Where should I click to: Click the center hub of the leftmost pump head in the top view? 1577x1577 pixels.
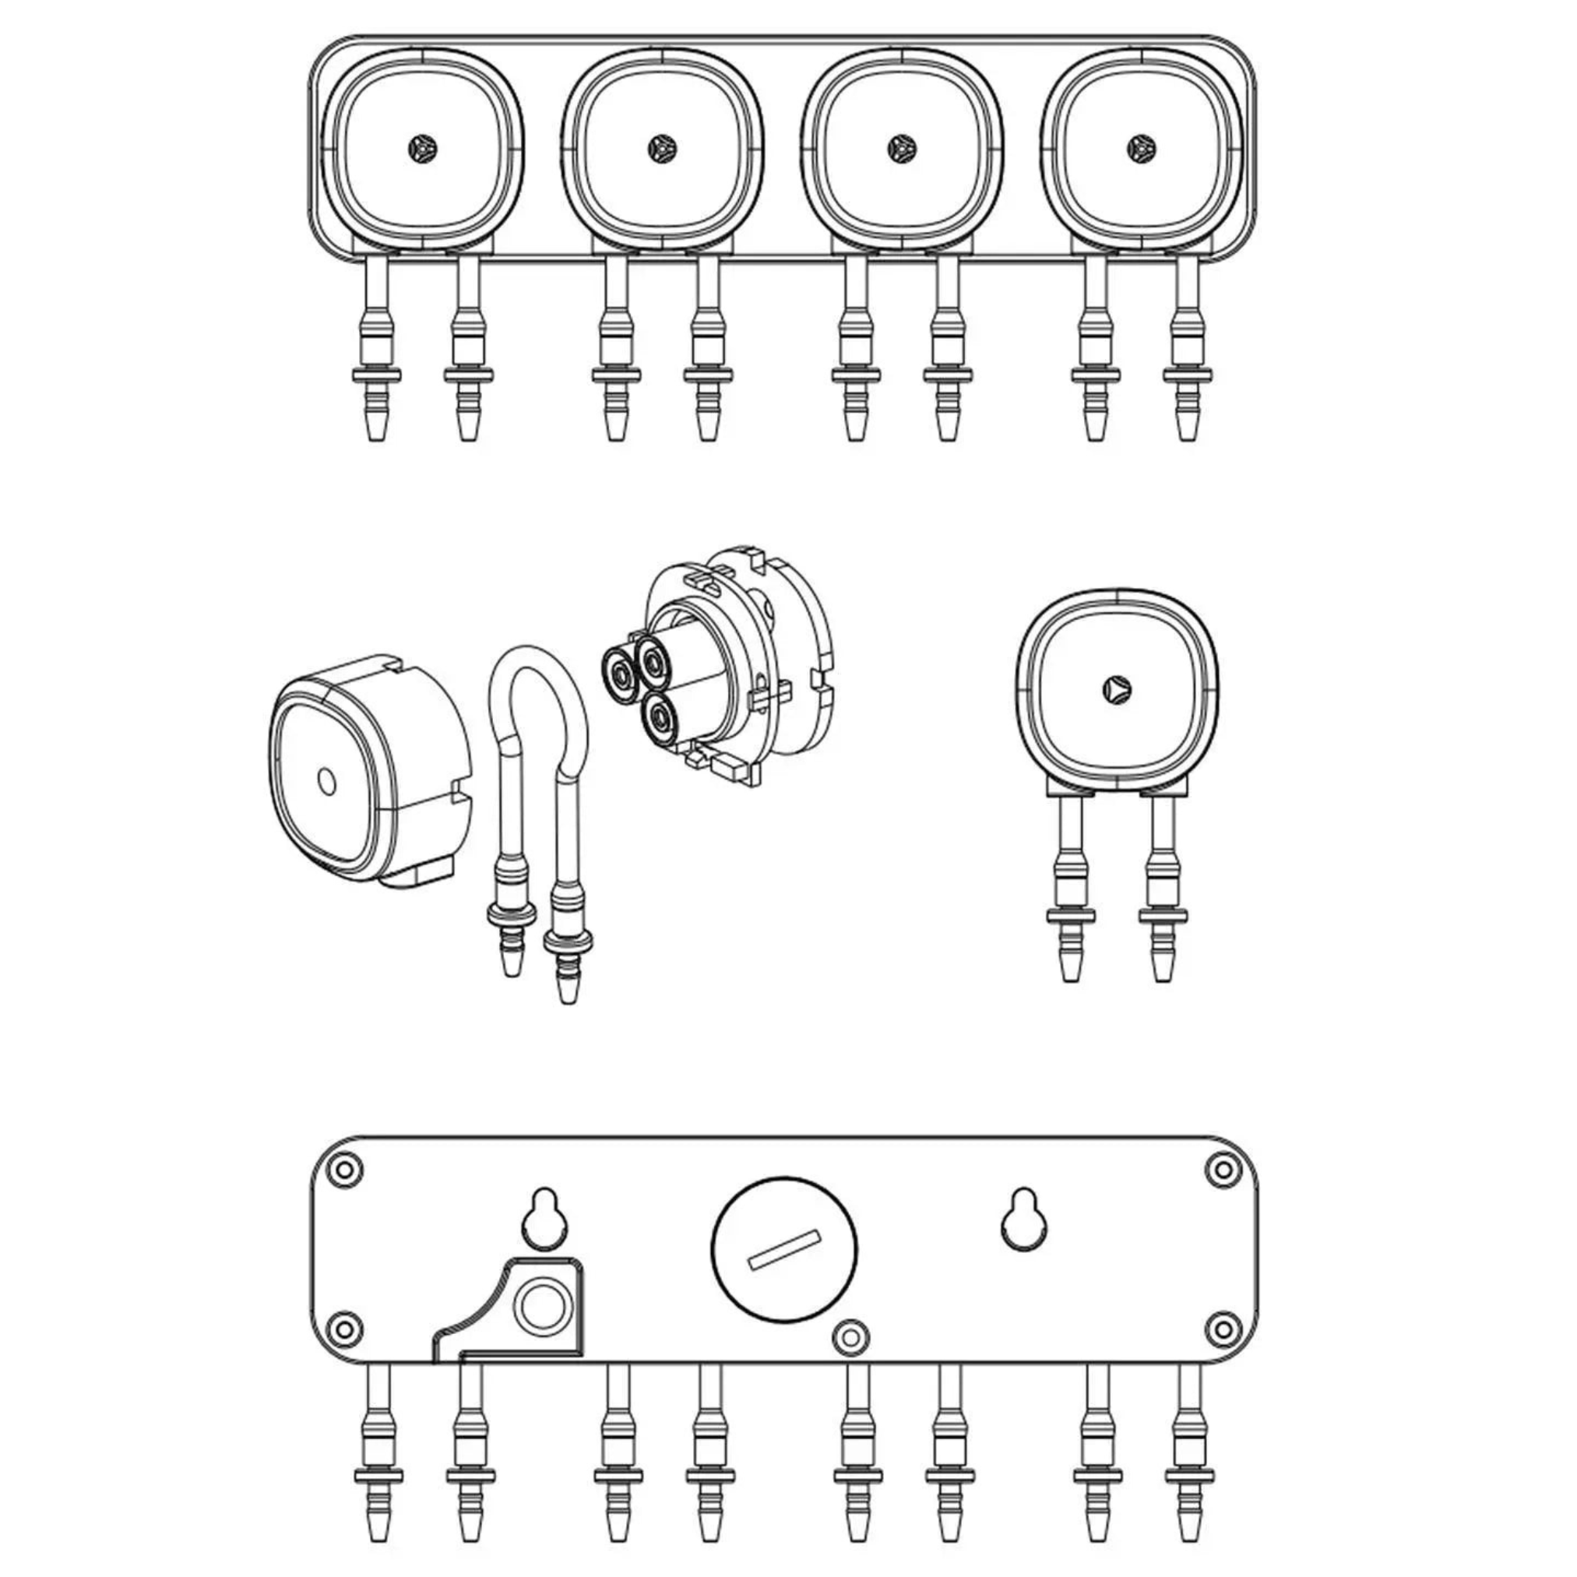423,149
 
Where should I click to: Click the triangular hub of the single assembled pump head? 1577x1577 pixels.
1114,688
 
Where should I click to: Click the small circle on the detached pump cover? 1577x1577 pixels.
326,781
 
